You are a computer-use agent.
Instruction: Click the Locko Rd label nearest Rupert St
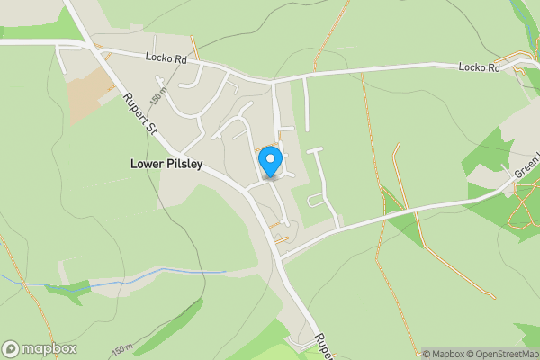(x=167, y=58)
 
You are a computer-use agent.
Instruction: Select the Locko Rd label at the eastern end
(x=478, y=67)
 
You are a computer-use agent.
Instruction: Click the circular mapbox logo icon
(x=11, y=349)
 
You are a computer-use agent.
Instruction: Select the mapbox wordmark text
(x=49, y=349)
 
